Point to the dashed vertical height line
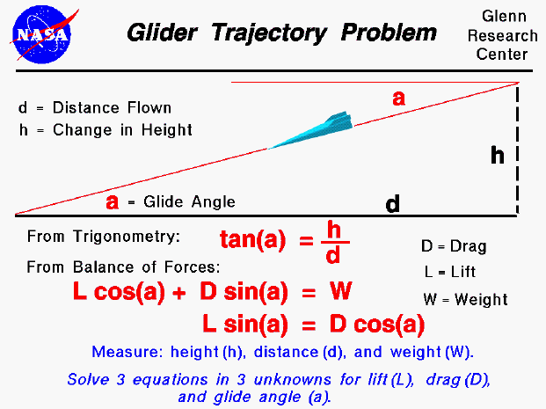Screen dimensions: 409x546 (517, 150)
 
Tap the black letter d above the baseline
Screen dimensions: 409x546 (392, 204)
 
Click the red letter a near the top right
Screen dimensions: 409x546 (398, 99)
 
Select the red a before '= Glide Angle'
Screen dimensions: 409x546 (113, 201)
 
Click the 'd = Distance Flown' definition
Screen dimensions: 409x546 (94, 108)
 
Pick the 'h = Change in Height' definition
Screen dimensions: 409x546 (105, 130)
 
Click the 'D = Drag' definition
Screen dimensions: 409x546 (454, 246)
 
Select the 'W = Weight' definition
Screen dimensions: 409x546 (464, 299)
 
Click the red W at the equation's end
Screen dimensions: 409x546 (340, 291)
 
